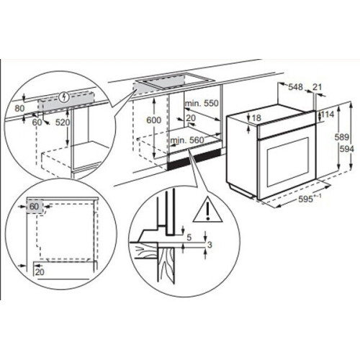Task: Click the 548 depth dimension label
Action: (295, 87)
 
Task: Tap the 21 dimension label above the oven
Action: (317, 87)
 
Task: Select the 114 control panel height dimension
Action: (328, 114)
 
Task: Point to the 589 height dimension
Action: (341, 137)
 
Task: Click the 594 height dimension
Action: (347, 149)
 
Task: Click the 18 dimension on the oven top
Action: (256, 118)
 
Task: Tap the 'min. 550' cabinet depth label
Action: (202, 103)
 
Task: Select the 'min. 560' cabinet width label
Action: (187, 140)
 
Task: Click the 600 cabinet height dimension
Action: (153, 120)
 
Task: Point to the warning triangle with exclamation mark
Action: (208, 210)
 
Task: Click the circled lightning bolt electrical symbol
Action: (64, 96)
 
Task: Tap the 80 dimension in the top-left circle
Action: (19, 109)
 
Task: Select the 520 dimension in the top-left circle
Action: (63, 122)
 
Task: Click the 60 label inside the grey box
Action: (34, 206)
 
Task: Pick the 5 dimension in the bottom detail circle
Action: (189, 238)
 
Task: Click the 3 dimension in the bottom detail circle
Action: (210, 245)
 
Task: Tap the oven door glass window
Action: (287, 162)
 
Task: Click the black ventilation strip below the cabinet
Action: (194, 159)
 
